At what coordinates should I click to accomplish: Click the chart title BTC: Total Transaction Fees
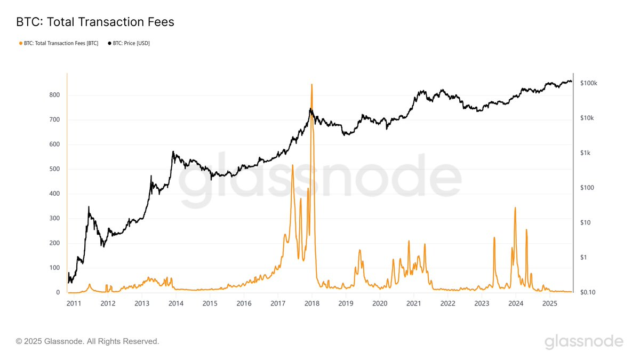pos(95,22)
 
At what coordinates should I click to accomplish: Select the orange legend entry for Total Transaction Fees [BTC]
pos(59,43)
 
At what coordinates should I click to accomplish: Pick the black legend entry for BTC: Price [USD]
pos(129,43)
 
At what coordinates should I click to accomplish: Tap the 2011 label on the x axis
pos(74,303)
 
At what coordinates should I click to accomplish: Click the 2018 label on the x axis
pos(312,303)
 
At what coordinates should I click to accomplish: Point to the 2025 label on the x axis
pos(550,303)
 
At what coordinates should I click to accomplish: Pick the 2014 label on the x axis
pos(175,303)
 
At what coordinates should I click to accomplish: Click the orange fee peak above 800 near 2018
pos(312,85)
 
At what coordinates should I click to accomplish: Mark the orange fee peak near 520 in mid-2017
pos(292,165)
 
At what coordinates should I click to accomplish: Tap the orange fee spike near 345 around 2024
pos(515,208)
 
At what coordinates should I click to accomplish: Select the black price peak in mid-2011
pos(89,207)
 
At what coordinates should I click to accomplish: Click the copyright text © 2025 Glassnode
pos(87,341)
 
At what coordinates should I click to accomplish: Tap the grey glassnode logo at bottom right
pos(583,341)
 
